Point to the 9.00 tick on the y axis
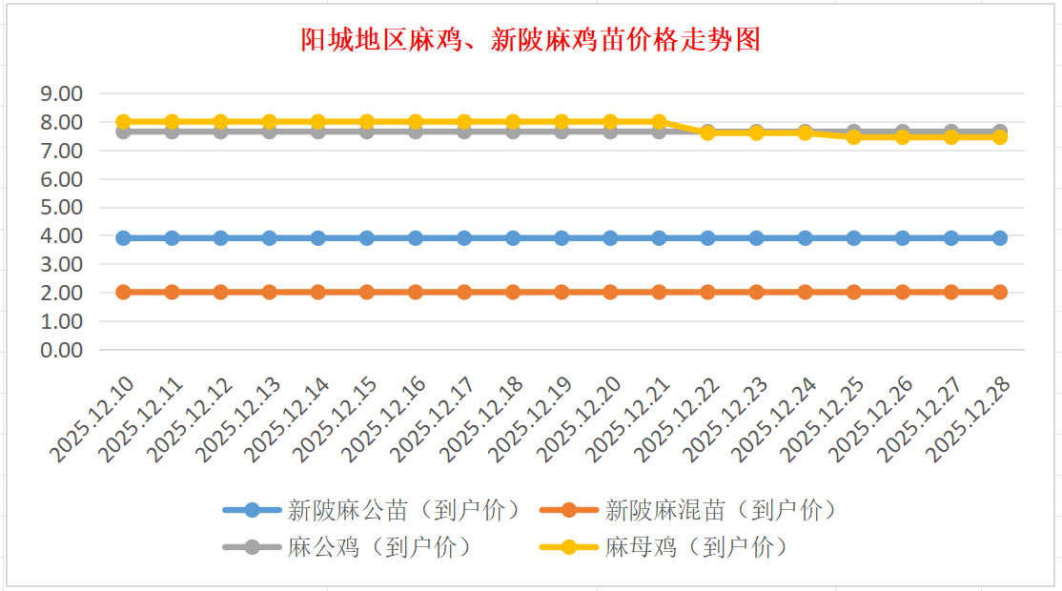pyautogui.click(x=62, y=93)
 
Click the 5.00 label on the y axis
pyautogui.click(x=62, y=207)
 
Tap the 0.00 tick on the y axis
pyautogui.click(x=62, y=350)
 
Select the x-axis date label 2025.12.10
pyautogui.click(x=93, y=419)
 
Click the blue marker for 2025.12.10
pyautogui.click(x=123, y=238)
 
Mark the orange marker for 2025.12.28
pyautogui.click(x=1000, y=292)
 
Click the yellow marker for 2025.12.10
pyautogui.click(x=123, y=122)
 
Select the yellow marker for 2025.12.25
pyautogui.click(x=854, y=137)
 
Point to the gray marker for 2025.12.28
pyautogui.click(x=1000, y=131)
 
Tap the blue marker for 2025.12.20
pyautogui.click(x=610, y=238)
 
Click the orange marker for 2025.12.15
pyautogui.click(x=367, y=292)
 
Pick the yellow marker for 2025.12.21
pyautogui.click(x=659, y=122)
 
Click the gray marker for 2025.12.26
pyautogui.click(x=903, y=131)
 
